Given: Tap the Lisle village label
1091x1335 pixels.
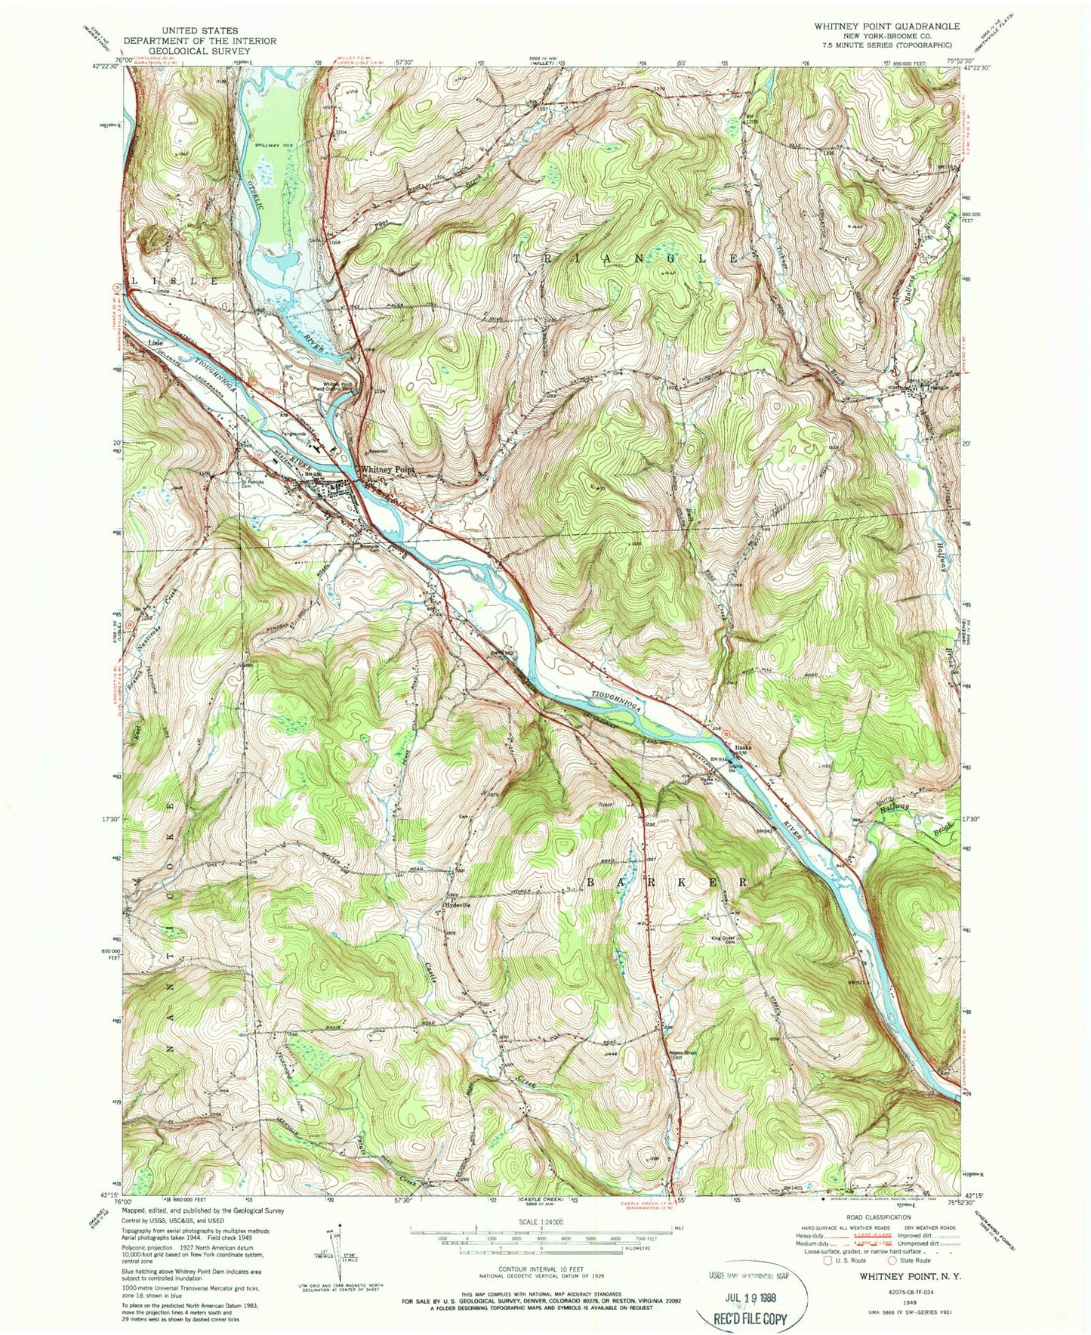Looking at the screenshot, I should point(157,343).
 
